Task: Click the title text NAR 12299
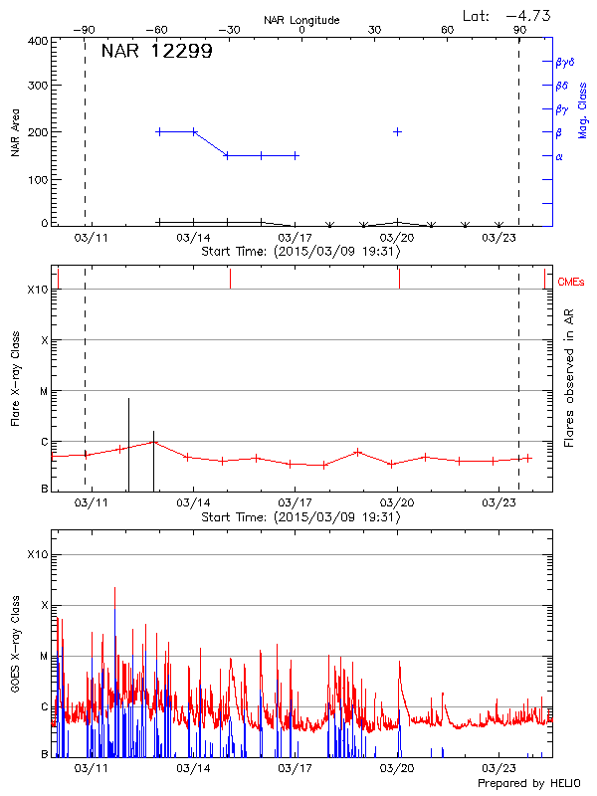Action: tap(156, 52)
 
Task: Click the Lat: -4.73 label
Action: tap(507, 15)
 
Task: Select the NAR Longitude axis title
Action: tap(301, 20)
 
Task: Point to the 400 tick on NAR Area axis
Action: tap(38, 41)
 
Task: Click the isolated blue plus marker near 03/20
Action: tap(398, 131)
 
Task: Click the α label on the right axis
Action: tap(559, 156)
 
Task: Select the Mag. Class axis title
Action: tap(583, 109)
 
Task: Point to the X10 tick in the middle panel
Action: tap(37, 290)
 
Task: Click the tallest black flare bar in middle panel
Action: tap(128, 444)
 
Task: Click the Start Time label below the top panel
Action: tap(300, 252)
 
